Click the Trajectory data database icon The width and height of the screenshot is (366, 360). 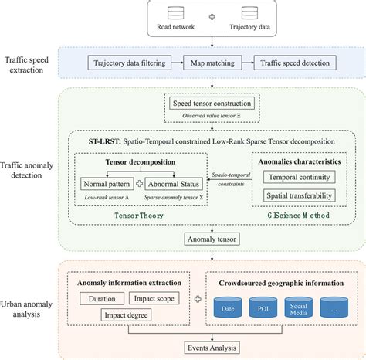(249, 13)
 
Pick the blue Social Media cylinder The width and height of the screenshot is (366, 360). (301, 307)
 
